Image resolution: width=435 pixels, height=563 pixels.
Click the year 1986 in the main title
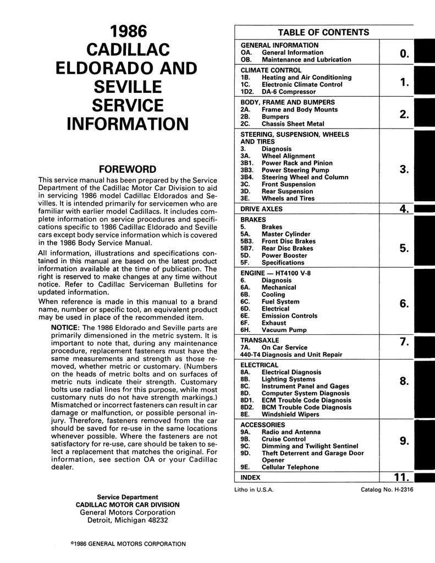[127, 31]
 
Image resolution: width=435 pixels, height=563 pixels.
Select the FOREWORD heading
[127, 169]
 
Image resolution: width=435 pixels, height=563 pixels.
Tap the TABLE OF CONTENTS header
[323, 32]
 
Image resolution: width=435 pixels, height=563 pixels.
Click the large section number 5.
[403, 249]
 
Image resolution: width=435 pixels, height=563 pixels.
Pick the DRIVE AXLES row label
[261, 209]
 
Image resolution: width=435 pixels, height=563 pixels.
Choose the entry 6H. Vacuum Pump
[269, 330]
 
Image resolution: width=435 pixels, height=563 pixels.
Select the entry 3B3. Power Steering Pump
[285, 170]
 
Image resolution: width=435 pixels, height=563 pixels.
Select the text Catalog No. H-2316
[387, 489]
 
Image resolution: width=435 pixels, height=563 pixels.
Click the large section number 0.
[404, 53]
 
